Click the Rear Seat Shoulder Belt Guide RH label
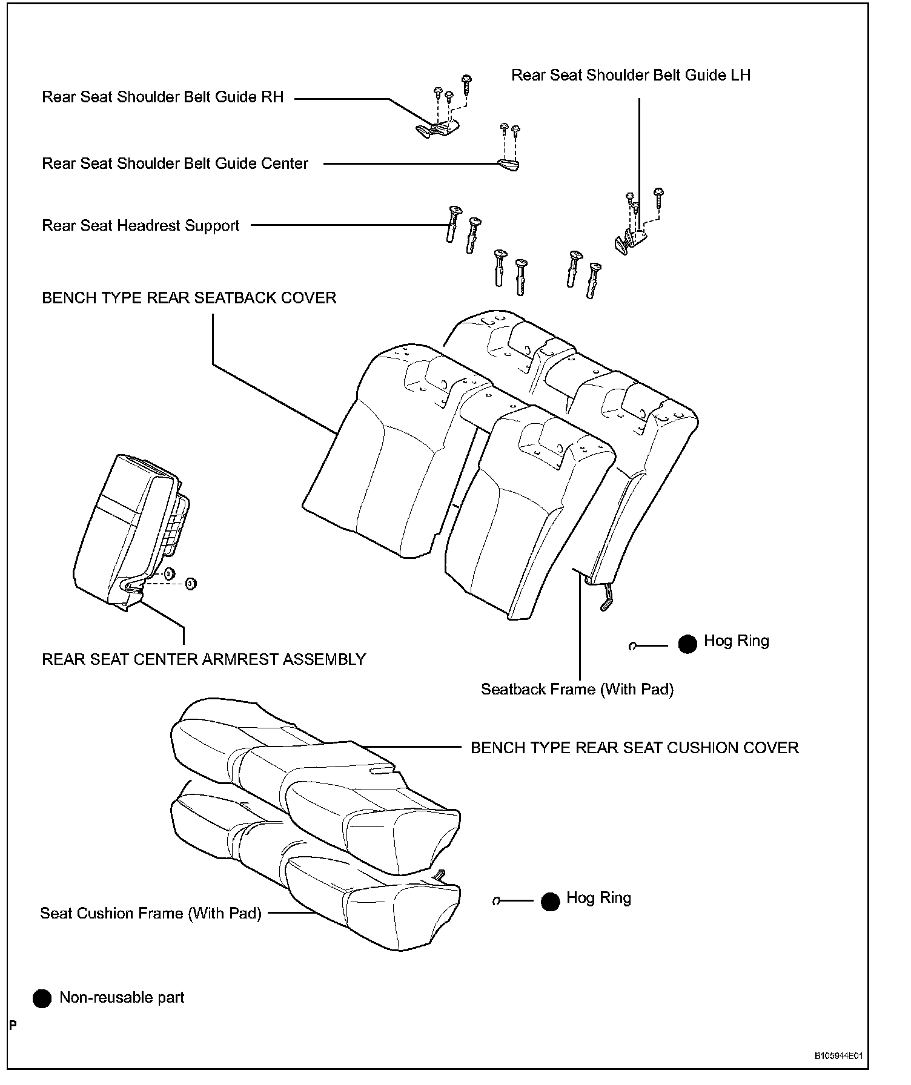click(x=162, y=97)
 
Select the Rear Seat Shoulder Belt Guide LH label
click(x=631, y=75)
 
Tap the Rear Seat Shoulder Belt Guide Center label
click(x=175, y=163)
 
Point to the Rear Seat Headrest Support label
click(x=141, y=226)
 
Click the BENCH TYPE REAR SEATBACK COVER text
click(x=189, y=298)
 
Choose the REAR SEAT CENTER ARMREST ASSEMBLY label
click(x=204, y=659)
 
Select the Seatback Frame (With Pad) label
click(x=577, y=689)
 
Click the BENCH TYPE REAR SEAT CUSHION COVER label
click(x=634, y=748)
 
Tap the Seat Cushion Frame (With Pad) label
click(x=151, y=913)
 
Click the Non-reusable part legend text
click(x=122, y=997)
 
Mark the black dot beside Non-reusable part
click(x=42, y=999)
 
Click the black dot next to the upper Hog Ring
click(x=687, y=644)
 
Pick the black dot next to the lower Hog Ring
click(x=550, y=902)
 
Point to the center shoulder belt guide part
click(x=509, y=165)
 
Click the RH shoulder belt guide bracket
click(x=437, y=128)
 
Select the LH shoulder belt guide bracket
click(x=629, y=240)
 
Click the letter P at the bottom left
click(x=13, y=1025)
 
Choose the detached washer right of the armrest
click(x=191, y=584)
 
